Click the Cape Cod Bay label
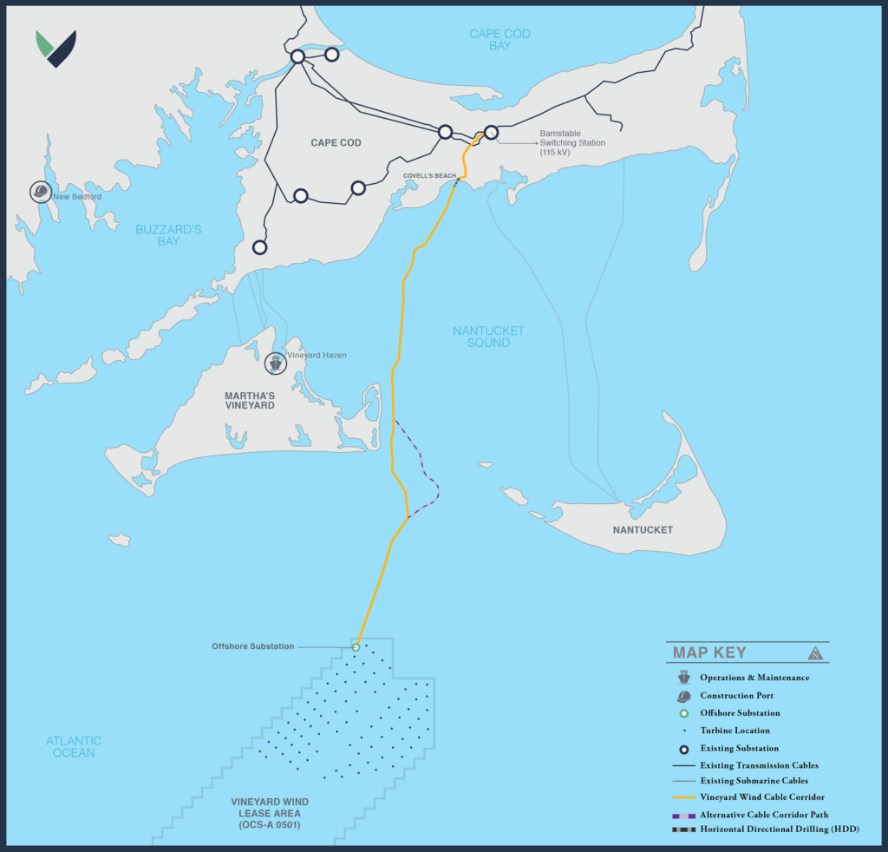click(x=499, y=40)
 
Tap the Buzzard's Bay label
click(x=168, y=235)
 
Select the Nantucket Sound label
click(x=488, y=337)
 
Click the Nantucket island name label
click(x=642, y=529)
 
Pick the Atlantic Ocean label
click(x=74, y=747)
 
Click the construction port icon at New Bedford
click(x=41, y=192)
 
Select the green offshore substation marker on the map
click(x=356, y=647)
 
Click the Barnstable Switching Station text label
click(x=571, y=142)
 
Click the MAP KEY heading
click(x=709, y=652)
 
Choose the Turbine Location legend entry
click(x=735, y=731)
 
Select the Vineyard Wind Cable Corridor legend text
click(x=761, y=796)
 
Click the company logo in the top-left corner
click(x=56, y=48)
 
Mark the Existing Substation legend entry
click(x=739, y=748)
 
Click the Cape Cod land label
click(x=336, y=142)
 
